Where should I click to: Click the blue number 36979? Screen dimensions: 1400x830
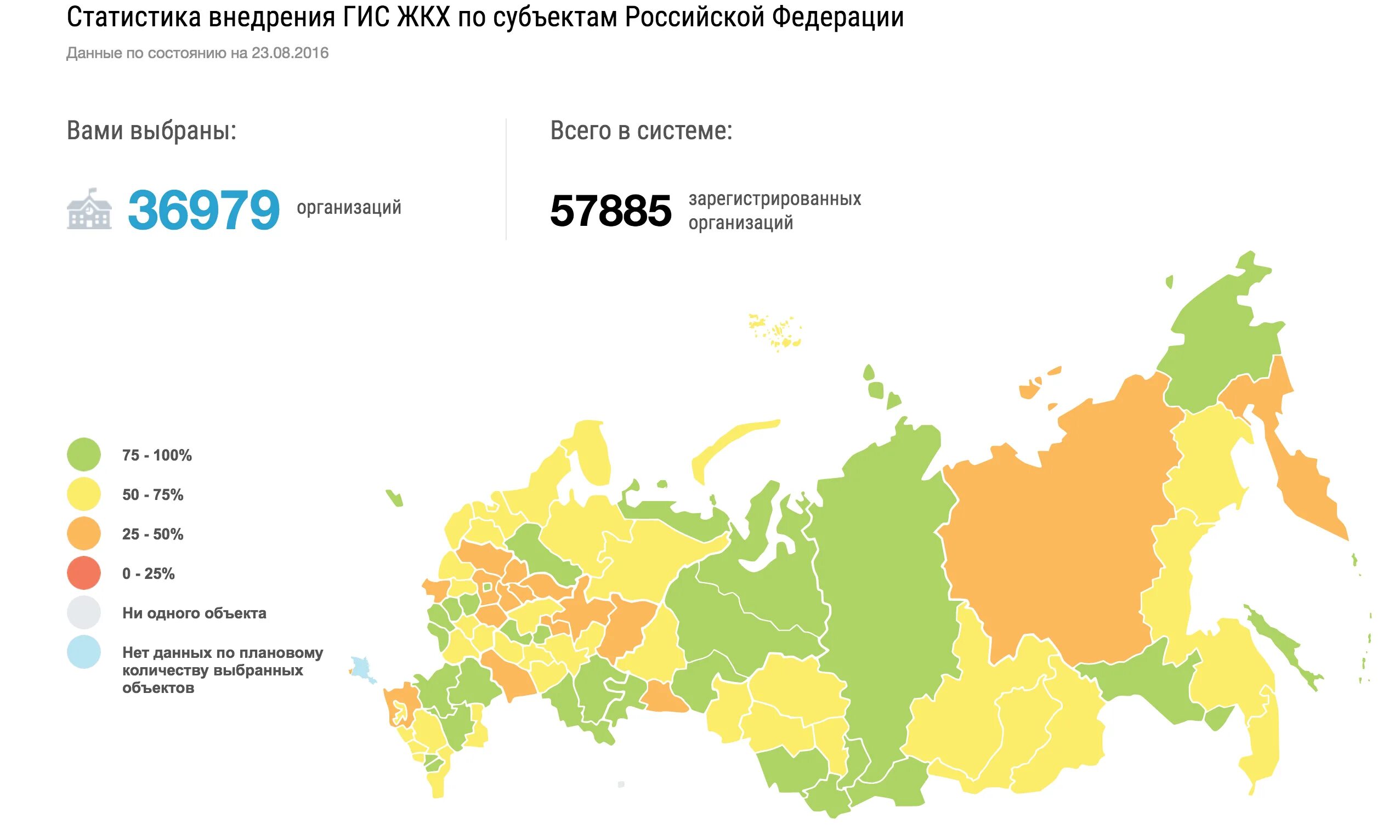coord(203,211)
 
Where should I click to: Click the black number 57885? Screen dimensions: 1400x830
coord(610,211)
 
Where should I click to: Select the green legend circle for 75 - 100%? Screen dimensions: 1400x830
coord(83,454)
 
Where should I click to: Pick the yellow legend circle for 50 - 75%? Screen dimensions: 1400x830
coord(83,494)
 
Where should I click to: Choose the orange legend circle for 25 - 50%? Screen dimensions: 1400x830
coord(83,533)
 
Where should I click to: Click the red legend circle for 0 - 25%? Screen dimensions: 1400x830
coord(83,573)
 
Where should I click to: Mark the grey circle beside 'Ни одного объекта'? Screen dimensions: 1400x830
coord(83,612)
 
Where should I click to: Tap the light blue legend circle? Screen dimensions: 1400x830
coord(83,652)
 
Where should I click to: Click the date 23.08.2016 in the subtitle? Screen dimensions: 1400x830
coord(290,53)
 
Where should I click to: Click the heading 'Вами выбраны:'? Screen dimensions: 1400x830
coord(151,131)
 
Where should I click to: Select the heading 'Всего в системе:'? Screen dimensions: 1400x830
coord(641,131)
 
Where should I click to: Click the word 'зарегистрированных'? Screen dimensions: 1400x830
coord(775,198)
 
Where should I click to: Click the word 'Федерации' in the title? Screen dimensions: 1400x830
coord(838,18)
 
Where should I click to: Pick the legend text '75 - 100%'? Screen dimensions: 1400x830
coord(157,455)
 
